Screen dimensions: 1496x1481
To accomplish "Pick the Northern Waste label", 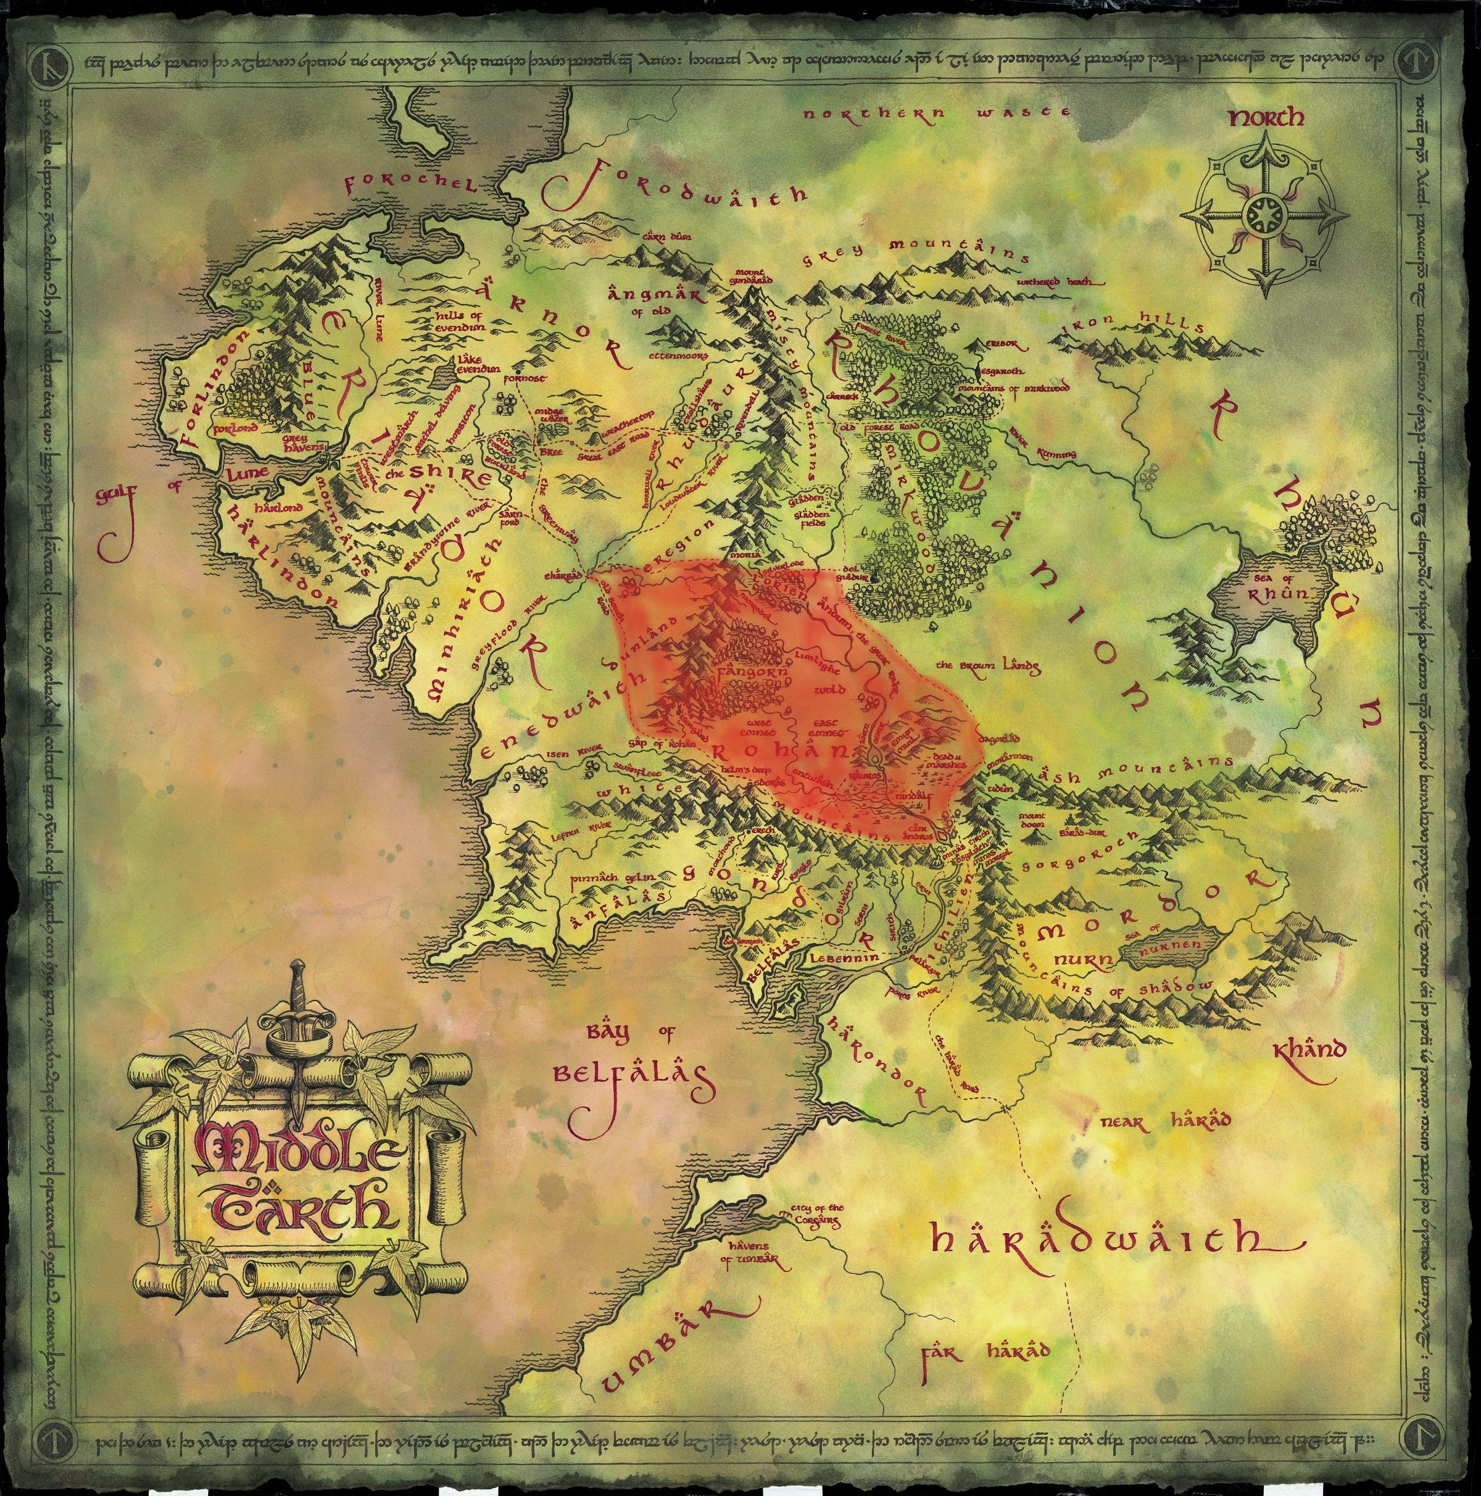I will (936, 113).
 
